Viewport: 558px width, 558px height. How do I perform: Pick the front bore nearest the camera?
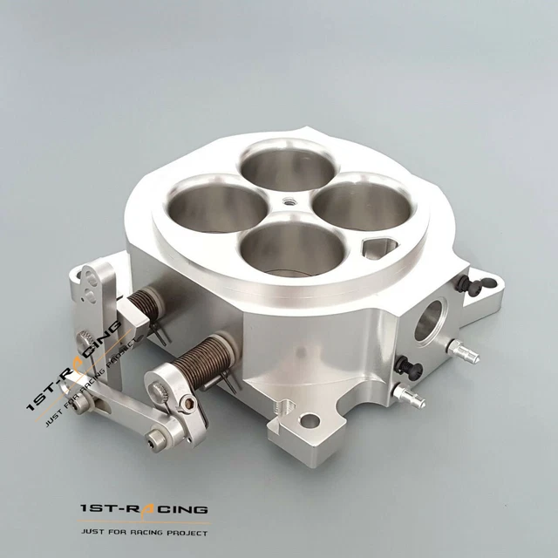280,248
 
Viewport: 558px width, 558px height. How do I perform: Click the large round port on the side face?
431,319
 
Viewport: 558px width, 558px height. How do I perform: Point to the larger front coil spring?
204,358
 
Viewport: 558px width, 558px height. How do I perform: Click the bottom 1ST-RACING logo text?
144,508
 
